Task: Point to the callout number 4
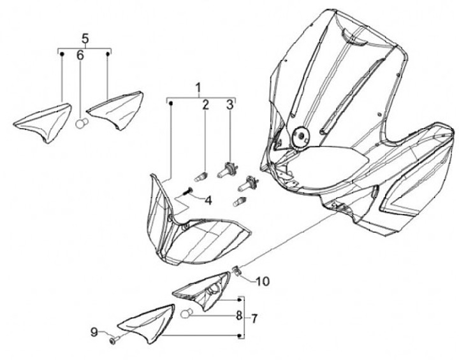(x=208, y=200)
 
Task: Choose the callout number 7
(x=254, y=317)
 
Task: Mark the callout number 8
(x=238, y=315)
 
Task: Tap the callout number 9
(x=94, y=332)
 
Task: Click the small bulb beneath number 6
(x=81, y=124)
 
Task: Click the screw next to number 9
(x=113, y=342)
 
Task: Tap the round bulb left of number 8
(x=188, y=314)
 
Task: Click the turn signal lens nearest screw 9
(x=148, y=324)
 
